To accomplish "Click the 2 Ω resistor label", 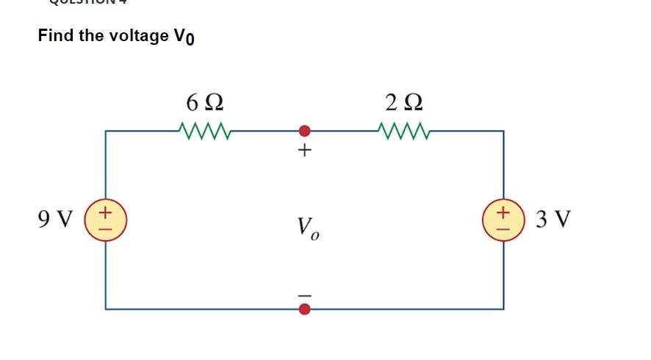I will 404,101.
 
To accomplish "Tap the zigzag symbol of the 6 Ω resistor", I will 202,132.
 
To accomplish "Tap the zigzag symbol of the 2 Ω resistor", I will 403,132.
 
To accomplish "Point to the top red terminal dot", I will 305,132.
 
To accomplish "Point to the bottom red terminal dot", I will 305,309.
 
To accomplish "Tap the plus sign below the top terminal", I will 305,151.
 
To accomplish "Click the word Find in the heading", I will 56,35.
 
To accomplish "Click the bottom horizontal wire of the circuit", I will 206,309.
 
